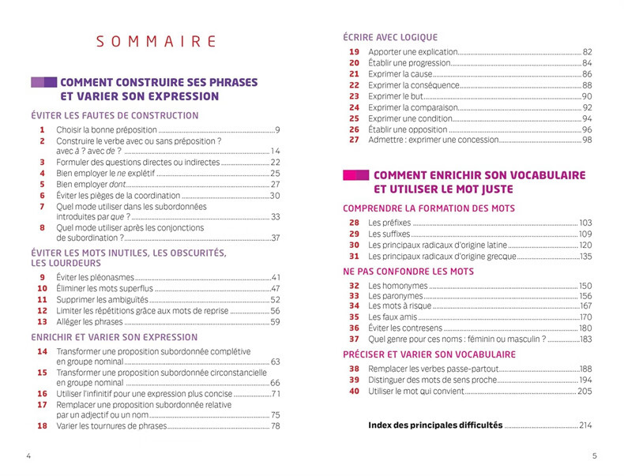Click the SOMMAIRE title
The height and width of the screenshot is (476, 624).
click(156, 42)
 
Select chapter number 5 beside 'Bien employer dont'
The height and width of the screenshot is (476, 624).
click(42, 184)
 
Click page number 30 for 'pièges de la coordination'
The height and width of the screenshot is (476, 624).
click(276, 196)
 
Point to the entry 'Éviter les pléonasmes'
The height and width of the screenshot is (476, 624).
click(96, 278)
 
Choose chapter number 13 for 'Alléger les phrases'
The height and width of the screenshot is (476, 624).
click(42, 322)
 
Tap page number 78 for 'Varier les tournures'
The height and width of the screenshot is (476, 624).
click(276, 426)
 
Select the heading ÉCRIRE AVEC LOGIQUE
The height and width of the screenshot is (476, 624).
click(390, 37)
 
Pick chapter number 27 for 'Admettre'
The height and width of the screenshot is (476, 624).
click(354, 141)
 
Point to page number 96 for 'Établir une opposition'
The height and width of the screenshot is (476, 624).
click(587, 129)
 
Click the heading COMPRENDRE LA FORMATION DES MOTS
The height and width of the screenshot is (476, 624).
click(429, 208)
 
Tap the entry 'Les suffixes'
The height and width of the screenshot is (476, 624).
click(390, 234)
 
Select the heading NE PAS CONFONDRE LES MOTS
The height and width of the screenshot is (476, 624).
click(408, 271)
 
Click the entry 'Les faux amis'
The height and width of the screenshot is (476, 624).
click(394, 317)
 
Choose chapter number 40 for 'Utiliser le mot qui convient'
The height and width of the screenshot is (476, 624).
click(354, 391)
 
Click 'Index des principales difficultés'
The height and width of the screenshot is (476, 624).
click(435, 425)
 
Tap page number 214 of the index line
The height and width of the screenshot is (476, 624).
click(585, 426)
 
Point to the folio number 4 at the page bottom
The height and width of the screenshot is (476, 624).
click(28, 456)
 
